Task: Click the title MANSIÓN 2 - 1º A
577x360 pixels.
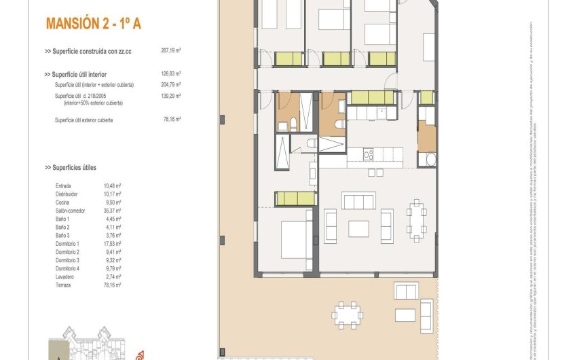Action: [x=93, y=24]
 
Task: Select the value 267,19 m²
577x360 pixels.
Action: [x=170, y=50]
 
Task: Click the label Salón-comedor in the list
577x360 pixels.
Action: [x=71, y=211]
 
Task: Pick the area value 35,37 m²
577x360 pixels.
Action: [x=113, y=211]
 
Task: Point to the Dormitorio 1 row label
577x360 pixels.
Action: [x=68, y=243]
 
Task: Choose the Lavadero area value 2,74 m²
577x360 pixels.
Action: [x=113, y=276]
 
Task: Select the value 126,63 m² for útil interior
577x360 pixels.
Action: [x=170, y=73]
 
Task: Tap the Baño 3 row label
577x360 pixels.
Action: [x=62, y=235]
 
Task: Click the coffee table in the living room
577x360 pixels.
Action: [x=358, y=229]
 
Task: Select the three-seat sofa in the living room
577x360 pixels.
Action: [x=358, y=201]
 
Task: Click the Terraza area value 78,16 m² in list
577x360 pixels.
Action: [x=113, y=285]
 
